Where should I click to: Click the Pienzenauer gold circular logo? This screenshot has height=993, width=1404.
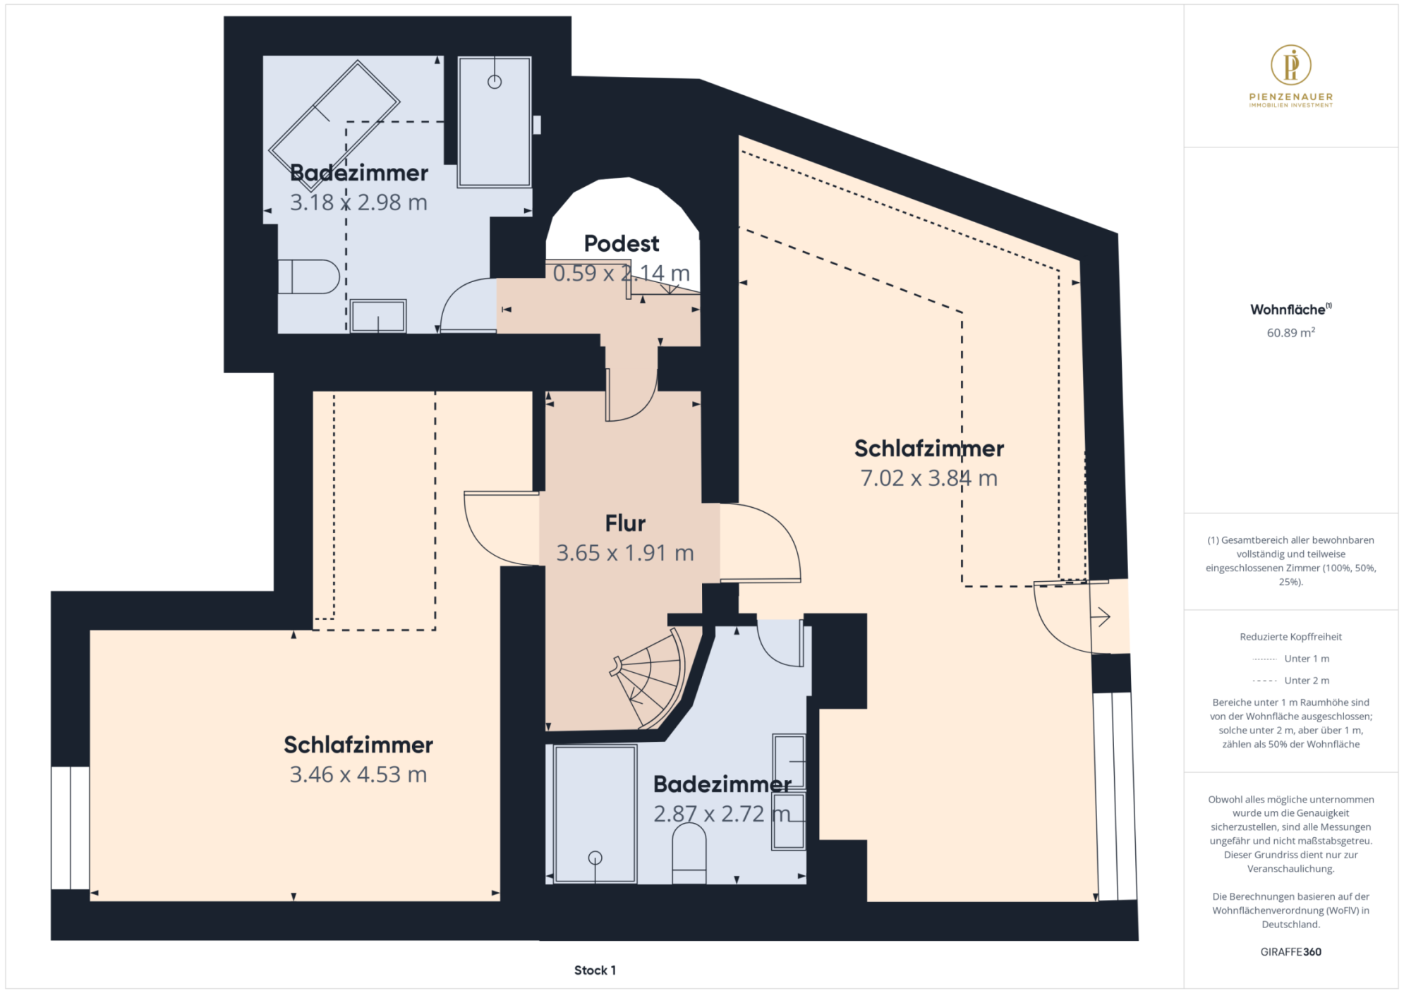point(1290,65)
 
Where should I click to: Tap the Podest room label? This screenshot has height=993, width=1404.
point(622,243)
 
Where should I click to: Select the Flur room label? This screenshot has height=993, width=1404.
point(625,523)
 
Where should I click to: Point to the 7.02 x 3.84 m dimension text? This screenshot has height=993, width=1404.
point(928,478)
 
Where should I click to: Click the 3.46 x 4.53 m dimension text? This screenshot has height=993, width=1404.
point(358,774)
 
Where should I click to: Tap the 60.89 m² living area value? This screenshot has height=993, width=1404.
point(1290,332)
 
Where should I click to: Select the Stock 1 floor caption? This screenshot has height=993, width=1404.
point(595,970)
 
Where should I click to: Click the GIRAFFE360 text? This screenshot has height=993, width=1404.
point(1290,951)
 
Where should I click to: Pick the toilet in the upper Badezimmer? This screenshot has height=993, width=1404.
point(308,276)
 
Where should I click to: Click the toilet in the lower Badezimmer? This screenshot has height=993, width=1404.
point(689,854)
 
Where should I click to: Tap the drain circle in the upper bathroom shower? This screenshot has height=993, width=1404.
point(495,82)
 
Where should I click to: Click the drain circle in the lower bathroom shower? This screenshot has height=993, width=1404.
point(595,858)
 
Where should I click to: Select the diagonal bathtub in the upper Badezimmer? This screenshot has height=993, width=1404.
point(334,126)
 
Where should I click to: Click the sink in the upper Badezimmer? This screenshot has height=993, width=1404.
point(378,316)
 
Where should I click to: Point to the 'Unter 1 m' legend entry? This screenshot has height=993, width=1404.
point(1290,659)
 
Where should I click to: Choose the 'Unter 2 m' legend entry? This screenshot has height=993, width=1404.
point(1290,681)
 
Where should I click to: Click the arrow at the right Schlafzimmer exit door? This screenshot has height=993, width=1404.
point(1101,617)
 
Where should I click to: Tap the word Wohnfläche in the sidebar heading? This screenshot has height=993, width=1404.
point(1288,310)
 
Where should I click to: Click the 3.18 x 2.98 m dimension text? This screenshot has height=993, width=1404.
point(358,202)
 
